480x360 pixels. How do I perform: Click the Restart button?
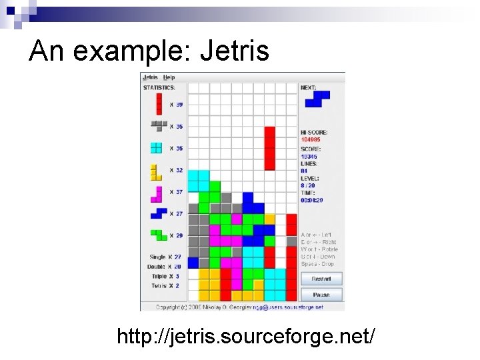[321, 279]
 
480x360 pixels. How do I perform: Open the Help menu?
[169, 77]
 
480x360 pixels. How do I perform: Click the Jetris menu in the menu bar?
[150, 77]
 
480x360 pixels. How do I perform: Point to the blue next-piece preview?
[317, 99]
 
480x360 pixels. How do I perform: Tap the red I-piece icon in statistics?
[159, 103]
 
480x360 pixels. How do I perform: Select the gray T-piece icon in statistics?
[158, 125]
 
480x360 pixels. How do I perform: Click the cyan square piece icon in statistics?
[157, 148]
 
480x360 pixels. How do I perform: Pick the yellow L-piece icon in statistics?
[156, 171]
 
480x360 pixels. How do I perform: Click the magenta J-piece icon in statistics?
[157, 193]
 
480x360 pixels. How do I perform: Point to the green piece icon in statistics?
[158, 235]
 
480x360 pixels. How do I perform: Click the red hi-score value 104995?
[310, 140]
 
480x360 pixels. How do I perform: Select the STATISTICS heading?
[159, 87]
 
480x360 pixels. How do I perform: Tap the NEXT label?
[309, 87]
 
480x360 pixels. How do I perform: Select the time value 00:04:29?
[311, 200]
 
